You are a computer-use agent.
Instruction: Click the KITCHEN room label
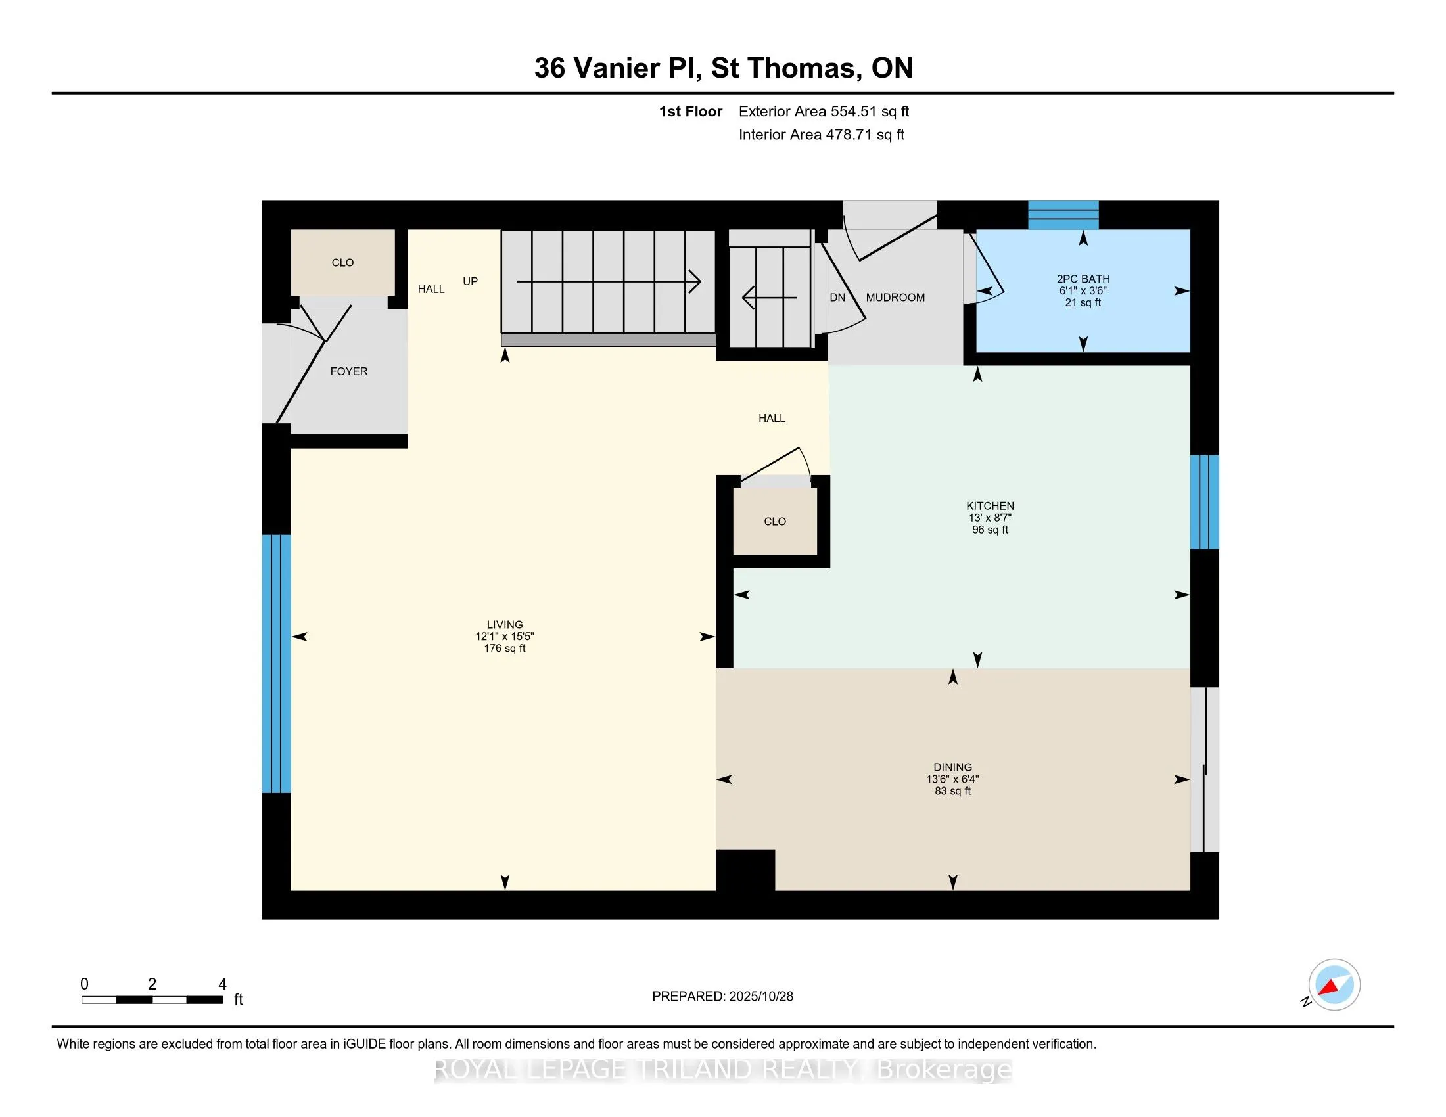[x=990, y=505]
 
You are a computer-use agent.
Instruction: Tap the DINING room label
[x=953, y=767]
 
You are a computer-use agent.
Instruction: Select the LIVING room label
[x=505, y=624]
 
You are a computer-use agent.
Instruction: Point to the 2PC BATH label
[x=1083, y=279]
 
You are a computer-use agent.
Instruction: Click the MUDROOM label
[x=895, y=297]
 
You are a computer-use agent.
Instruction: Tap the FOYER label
[x=349, y=371]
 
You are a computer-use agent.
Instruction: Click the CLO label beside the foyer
[x=342, y=263]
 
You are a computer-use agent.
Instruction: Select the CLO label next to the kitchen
[x=775, y=522]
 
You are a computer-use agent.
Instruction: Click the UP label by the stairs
[x=470, y=281]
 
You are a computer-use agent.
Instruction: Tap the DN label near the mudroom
[x=837, y=298]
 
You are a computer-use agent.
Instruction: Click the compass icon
[x=1334, y=984]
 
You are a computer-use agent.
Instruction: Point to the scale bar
[x=152, y=999]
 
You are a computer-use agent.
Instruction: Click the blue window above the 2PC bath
[x=1063, y=215]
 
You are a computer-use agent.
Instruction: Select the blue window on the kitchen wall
[x=1203, y=502]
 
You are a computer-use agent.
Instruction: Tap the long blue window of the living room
[x=276, y=663]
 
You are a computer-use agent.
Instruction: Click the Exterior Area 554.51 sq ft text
[x=824, y=111]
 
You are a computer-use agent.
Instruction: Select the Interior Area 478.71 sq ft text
[x=821, y=134]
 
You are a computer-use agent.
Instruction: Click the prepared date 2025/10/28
[x=722, y=997]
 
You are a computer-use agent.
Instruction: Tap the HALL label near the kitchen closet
[x=772, y=418]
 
